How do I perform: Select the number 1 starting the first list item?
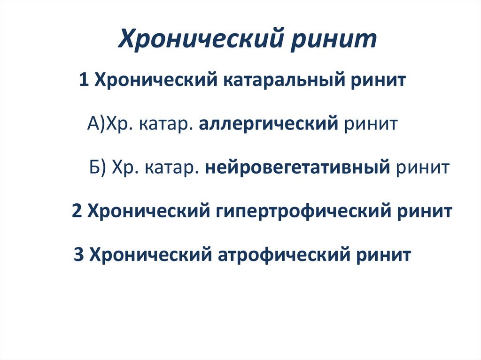85,80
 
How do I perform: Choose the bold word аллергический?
269,124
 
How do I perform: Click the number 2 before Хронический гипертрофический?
78,211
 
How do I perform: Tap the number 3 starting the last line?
79,255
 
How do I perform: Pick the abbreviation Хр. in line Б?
124,167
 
